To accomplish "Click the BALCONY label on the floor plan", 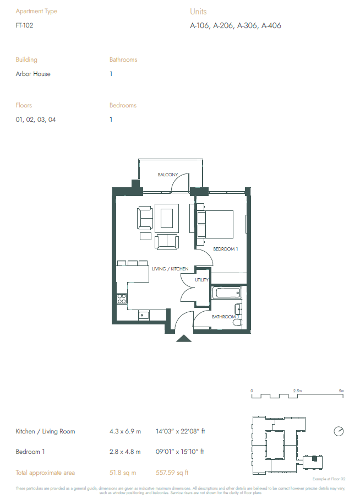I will [168, 175].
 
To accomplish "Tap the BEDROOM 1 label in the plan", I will [226, 250].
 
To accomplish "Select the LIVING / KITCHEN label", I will [170, 269].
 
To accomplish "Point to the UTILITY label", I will [201, 280].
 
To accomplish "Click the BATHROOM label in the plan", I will [224, 317].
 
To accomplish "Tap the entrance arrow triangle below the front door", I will [183, 338].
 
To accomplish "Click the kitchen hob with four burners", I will [121, 299].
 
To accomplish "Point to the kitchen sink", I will [143, 315].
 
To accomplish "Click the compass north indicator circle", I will [338, 430].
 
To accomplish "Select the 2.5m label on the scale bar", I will [297, 390].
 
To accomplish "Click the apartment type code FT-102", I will [25, 25].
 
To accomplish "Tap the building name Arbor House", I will [33, 74].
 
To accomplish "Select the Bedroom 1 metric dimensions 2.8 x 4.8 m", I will [125, 452].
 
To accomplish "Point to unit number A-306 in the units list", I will [248, 25].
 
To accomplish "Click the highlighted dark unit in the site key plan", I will [315, 458].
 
